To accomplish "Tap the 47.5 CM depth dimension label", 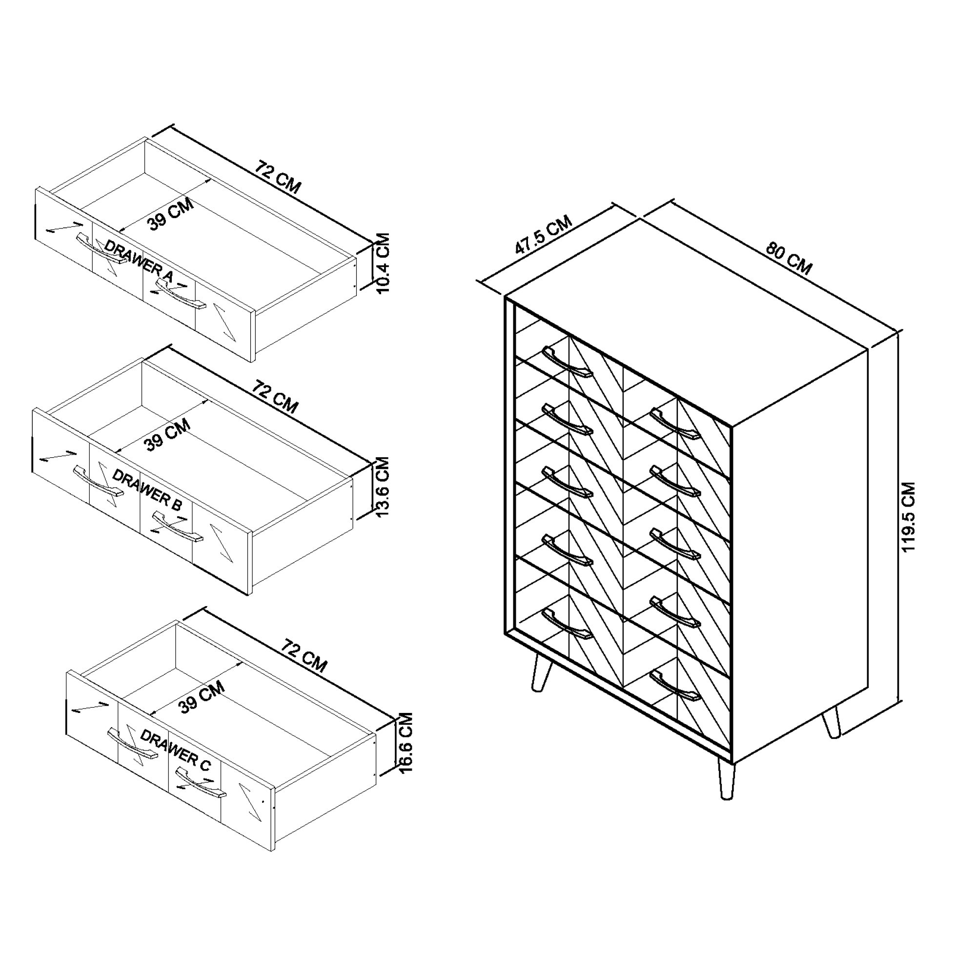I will click(x=543, y=235).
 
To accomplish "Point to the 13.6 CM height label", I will click(x=382, y=487).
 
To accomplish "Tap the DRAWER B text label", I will click(x=146, y=489).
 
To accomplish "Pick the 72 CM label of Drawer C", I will click(x=304, y=655).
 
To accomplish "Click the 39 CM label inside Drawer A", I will click(x=171, y=215).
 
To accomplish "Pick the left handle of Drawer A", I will click(x=101, y=248).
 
